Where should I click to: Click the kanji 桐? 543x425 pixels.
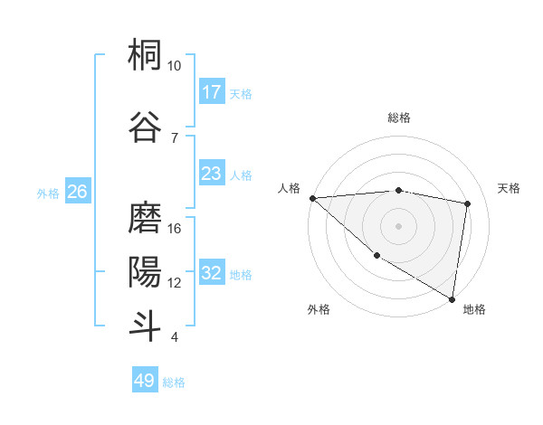click(x=145, y=57)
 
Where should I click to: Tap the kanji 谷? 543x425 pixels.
click(x=145, y=126)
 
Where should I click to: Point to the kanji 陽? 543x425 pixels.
click(x=145, y=270)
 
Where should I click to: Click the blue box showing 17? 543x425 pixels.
click(x=212, y=92)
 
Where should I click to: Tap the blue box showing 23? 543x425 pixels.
click(x=212, y=174)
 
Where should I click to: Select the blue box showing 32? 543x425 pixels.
click(x=212, y=273)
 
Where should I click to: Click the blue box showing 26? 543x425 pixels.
click(x=77, y=192)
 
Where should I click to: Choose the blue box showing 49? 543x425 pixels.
click(x=145, y=381)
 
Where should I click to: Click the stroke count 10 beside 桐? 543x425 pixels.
click(x=175, y=66)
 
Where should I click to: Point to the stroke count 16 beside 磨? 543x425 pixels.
click(x=175, y=229)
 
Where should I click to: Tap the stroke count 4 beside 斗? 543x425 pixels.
click(x=175, y=337)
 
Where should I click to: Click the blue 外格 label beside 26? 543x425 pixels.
click(x=48, y=193)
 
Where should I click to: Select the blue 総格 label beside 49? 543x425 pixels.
click(x=174, y=382)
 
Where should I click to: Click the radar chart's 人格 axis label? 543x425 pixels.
click(x=290, y=188)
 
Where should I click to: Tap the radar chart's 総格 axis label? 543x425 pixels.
click(x=398, y=118)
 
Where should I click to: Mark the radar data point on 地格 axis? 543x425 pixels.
click(x=452, y=298)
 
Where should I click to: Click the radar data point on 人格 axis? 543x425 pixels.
click(x=312, y=197)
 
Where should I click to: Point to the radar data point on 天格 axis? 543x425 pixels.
click(x=468, y=203)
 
